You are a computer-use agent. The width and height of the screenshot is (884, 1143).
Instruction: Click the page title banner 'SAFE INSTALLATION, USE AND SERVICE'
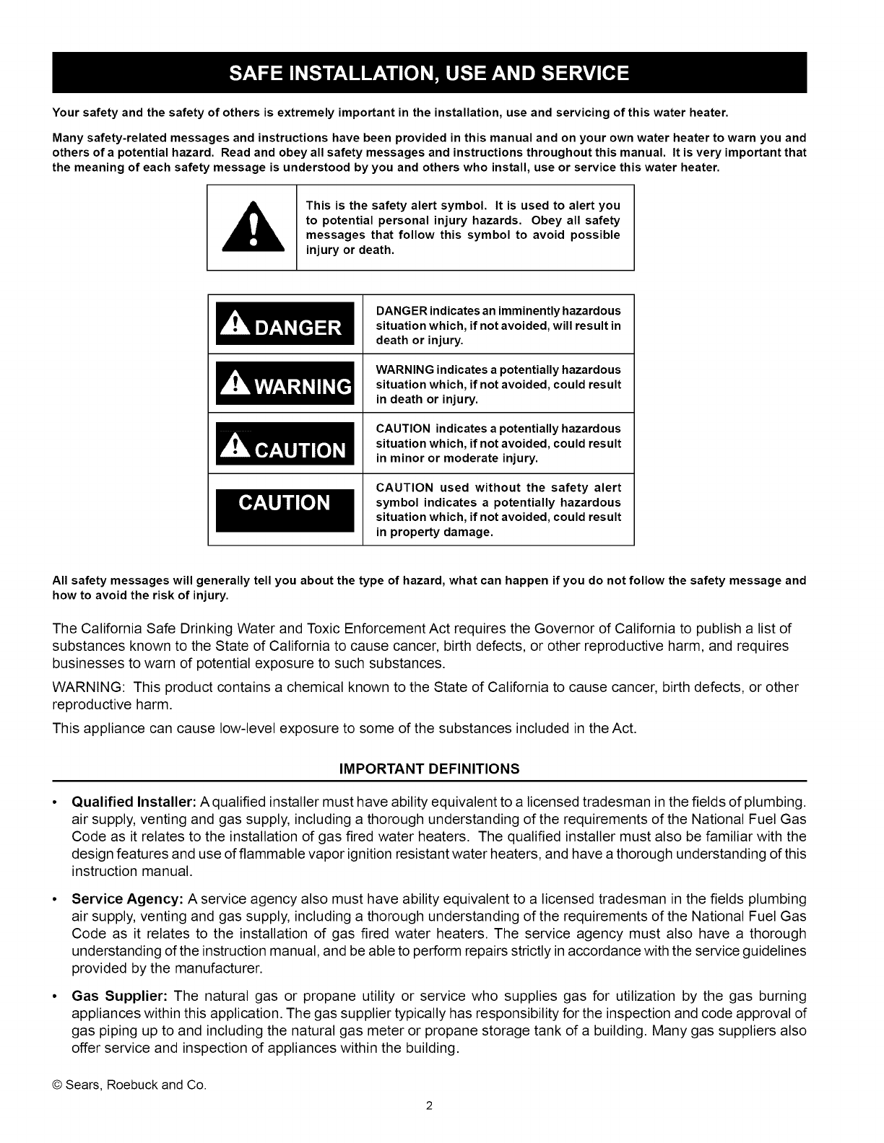pos(429,73)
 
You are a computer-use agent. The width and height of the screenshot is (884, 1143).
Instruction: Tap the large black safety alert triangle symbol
pos(252,226)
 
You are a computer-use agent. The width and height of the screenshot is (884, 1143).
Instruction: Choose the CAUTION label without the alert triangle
pos(285,503)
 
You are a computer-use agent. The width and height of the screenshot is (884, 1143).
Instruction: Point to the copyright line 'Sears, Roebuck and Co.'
pos(130,1085)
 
